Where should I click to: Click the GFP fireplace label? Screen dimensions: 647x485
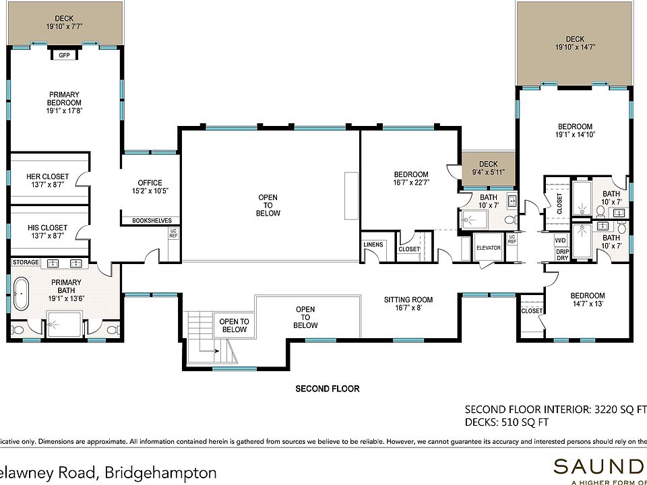[x=64, y=55]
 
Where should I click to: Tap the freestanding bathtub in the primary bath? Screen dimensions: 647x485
[x=21, y=294]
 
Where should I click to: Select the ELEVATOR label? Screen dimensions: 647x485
[x=489, y=248]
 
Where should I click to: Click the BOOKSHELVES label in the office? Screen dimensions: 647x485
[x=152, y=221]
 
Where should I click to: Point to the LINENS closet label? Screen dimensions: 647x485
[x=373, y=245]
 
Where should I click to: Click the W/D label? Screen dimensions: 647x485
[x=560, y=240]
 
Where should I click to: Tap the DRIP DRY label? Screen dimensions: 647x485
[x=562, y=255]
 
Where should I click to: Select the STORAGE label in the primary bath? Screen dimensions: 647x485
[x=26, y=262]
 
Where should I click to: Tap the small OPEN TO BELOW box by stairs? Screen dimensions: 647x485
[x=234, y=325]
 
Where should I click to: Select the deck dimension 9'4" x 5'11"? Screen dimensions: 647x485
[x=489, y=172]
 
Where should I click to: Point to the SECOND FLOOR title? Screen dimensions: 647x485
[x=328, y=389]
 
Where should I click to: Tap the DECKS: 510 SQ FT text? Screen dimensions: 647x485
[x=507, y=422]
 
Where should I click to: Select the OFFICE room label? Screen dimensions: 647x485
[x=150, y=183]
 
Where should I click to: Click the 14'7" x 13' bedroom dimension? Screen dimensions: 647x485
[x=588, y=304]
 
